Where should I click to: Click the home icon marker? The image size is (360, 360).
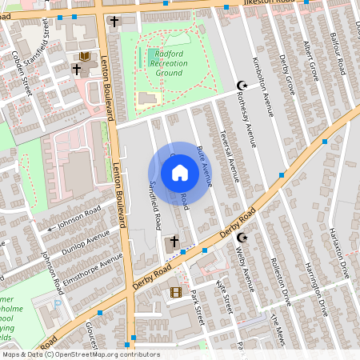click(x=180, y=173)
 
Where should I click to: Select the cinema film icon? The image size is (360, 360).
click(x=175, y=291)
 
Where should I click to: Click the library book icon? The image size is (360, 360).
click(x=84, y=57)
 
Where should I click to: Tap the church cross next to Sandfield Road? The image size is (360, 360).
click(x=174, y=240)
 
